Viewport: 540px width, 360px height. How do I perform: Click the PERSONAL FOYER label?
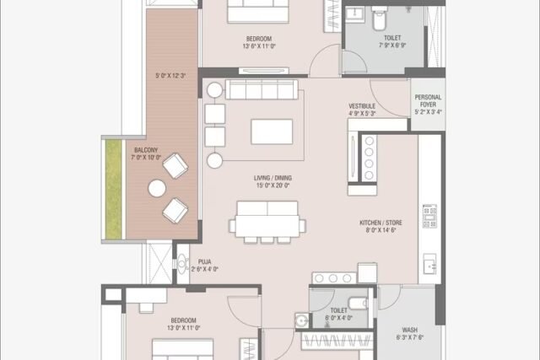click(428, 101)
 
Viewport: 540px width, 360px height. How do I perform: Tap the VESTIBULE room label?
click(362, 106)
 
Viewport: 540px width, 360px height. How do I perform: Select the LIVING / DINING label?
click(273, 178)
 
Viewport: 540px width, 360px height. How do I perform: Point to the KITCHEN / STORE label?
click(381, 223)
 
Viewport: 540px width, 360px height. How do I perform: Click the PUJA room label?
click(204, 262)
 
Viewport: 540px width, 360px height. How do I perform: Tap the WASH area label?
click(410, 330)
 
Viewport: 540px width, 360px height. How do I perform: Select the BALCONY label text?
click(146, 150)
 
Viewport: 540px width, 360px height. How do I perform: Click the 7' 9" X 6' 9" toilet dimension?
click(392, 45)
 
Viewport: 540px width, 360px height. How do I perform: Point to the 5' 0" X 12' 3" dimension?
click(170, 76)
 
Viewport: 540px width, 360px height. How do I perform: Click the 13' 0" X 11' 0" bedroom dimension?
click(184, 328)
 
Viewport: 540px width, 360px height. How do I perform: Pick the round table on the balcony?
click(157, 189)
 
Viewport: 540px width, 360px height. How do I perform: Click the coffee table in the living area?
click(272, 132)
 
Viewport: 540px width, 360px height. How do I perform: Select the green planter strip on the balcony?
click(113, 190)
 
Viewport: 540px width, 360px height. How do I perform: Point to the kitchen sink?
click(429, 264)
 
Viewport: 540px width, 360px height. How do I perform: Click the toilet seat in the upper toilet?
click(380, 19)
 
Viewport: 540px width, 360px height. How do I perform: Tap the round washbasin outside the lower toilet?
click(302, 320)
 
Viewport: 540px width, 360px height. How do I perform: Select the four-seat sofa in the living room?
click(262, 89)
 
